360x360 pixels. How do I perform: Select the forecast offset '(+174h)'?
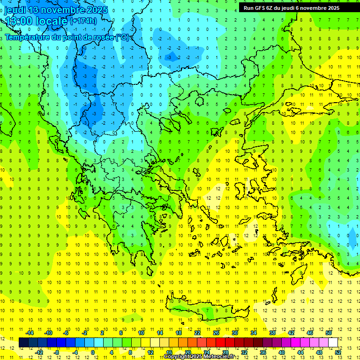pos(83,21)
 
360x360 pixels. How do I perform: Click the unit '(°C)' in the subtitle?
pos(123,37)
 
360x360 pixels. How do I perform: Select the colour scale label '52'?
pos(338,352)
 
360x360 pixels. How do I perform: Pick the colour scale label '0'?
pos(93,352)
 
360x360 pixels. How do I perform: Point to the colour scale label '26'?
pos(216,332)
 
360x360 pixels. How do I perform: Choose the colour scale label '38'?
pos(272,332)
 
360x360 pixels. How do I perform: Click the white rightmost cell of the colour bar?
pos(333,342)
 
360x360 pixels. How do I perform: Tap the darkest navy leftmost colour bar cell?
pos(23,342)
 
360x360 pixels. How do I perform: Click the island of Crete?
pos(211,311)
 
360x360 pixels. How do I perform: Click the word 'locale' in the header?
pos(53,21)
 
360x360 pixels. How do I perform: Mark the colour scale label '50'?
pos(329,332)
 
